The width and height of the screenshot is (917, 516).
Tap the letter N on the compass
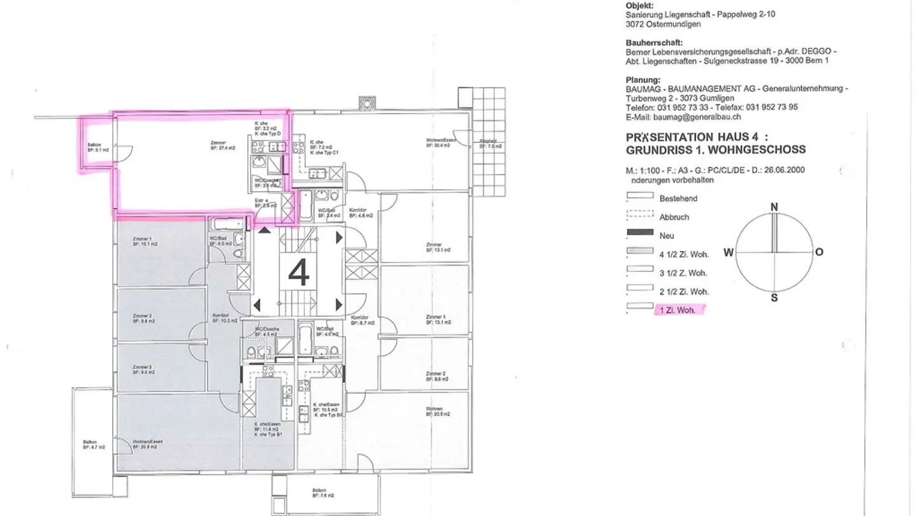pyautogui.click(x=774, y=207)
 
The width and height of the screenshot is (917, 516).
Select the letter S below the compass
pyautogui.click(x=774, y=297)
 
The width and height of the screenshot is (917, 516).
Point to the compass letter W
pyautogui.click(x=729, y=252)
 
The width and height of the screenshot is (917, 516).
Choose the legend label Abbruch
pyautogui.click(x=674, y=217)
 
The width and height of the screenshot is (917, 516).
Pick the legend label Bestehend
pyautogui.click(x=678, y=199)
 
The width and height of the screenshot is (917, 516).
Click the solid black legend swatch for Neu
pyautogui.click(x=640, y=234)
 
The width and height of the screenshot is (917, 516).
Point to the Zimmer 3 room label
pyautogui.click(x=142, y=369)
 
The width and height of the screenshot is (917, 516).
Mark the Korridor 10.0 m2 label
pyautogui.click(x=225, y=318)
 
